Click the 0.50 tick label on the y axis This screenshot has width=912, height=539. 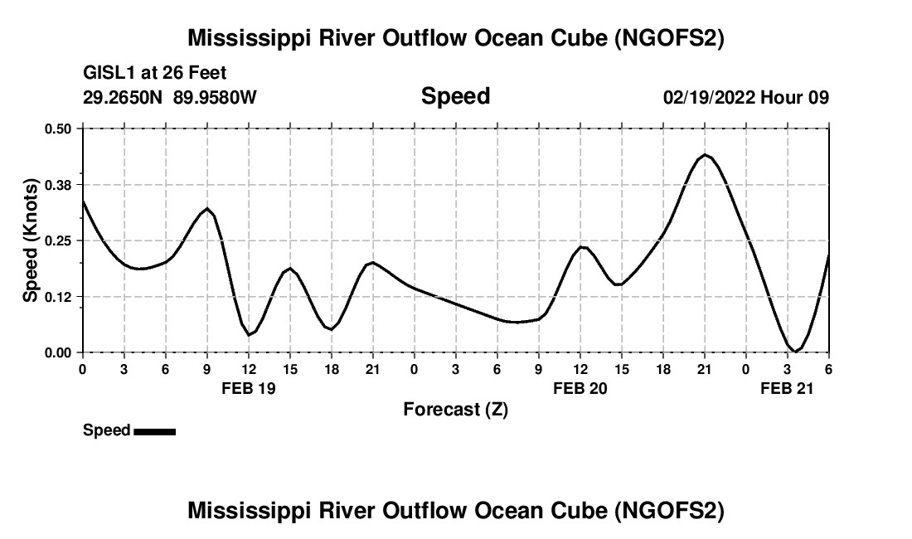point(58,129)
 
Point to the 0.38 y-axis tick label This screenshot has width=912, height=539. point(58,184)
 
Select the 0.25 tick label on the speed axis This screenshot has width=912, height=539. point(58,240)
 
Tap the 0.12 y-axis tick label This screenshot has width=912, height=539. point(58,296)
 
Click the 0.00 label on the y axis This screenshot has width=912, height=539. point(58,352)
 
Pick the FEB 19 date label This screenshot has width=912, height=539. point(249,387)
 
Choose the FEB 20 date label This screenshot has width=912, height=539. point(580,387)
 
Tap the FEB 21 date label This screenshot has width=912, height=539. point(788,387)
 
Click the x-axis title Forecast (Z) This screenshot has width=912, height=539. point(455,409)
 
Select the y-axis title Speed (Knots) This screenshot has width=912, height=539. point(31,240)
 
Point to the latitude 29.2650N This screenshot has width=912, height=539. point(124,97)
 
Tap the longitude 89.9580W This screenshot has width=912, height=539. point(216,97)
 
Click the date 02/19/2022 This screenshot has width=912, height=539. point(709,97)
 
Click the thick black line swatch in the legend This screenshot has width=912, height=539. point(154,431)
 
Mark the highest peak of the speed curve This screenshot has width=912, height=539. point(705,154)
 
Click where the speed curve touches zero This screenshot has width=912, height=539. point(794,352)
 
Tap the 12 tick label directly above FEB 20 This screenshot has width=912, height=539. point(580,369)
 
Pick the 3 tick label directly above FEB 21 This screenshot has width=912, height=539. point(788,369)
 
